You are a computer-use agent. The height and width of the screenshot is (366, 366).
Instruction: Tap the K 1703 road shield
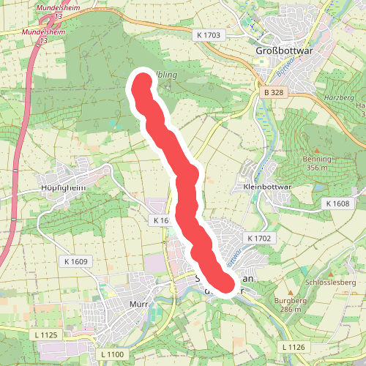tap(208, 35)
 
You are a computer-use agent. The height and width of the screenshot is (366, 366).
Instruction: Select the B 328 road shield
tap(274, 93)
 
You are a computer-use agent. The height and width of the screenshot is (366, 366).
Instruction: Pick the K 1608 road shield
tap(337, 203)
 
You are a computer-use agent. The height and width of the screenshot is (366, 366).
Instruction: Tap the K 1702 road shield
tap(259, 239)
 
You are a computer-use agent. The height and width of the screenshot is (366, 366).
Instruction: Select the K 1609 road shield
tap(75, 261)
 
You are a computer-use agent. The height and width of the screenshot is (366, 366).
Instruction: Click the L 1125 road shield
tap(45, 335)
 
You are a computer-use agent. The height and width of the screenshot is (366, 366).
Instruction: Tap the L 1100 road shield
tap(111, 354)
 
